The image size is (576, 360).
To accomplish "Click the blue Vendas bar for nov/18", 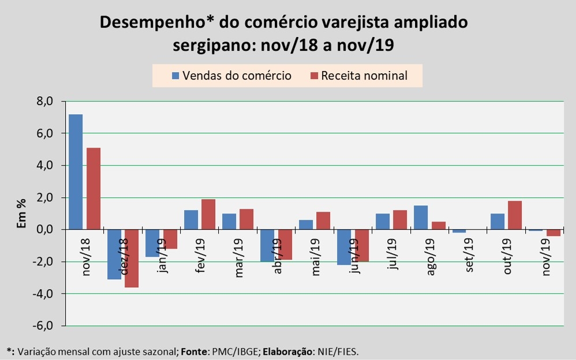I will [x=76, y=172].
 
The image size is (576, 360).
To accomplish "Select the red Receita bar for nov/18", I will [x=93, y=189].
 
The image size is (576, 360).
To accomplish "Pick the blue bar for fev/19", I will [x=191, y=220].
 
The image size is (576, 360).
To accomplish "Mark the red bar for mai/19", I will [x=324, y=221].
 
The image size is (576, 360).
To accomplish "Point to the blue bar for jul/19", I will [x=383, y=222].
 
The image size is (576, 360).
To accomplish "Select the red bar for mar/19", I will [x=246, y=219].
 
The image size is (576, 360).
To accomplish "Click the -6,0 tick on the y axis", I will [x=44, y=326].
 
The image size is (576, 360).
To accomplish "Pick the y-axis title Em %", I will [x=21, y=213].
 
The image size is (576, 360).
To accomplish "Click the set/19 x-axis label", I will [x=469, y=255].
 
